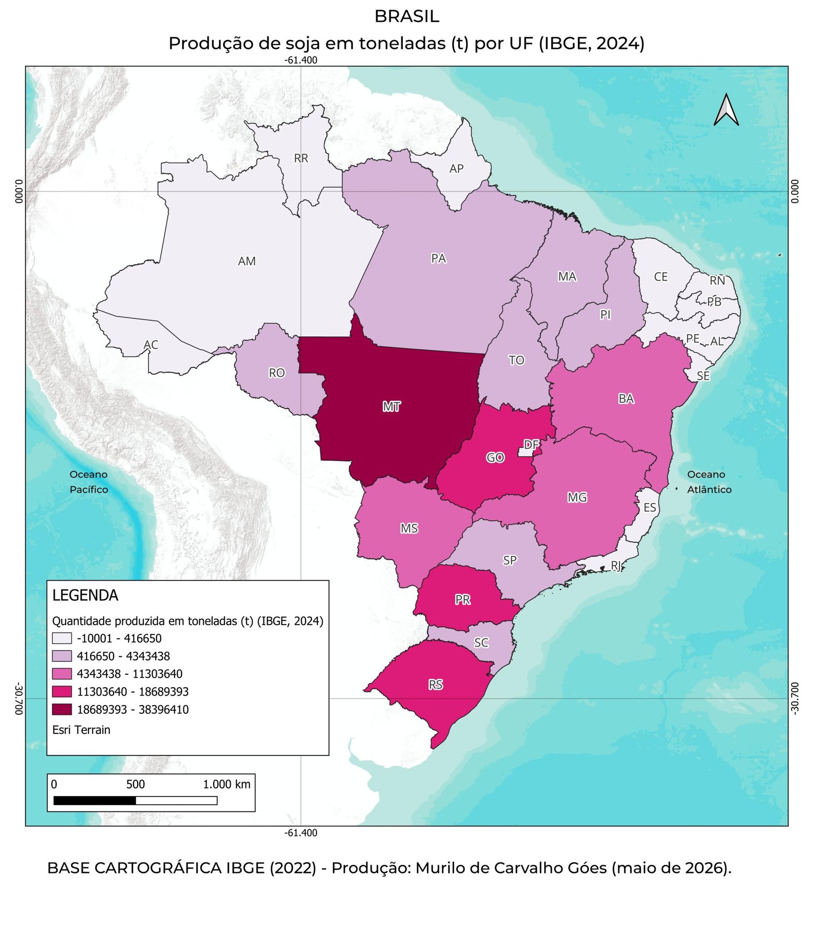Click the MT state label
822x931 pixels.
pos(391,407)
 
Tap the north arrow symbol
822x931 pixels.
pos(726,109)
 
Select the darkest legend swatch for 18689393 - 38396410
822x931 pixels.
pos(62,709)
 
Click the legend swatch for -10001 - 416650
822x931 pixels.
pos(62,638)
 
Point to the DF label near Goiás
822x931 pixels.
pos(531,445)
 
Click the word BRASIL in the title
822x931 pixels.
pos(406,16)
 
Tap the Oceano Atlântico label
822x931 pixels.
pos(709,482)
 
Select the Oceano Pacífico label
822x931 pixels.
pos(89,482)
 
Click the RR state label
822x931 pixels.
pos(301,158)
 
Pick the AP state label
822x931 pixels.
pos(456,168)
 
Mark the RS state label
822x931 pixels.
pos(436,685)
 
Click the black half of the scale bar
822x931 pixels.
pos(95,800)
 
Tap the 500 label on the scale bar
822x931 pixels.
pos(136,784)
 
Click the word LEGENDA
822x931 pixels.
pos(85,595)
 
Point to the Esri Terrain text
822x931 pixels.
pos(81,730)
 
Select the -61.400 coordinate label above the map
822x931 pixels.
pos(301,60)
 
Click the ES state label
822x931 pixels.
pos(650,507)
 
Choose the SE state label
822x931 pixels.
pos(703,376)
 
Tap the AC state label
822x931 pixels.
pos(151,345)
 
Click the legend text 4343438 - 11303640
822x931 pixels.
pos(129,674)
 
